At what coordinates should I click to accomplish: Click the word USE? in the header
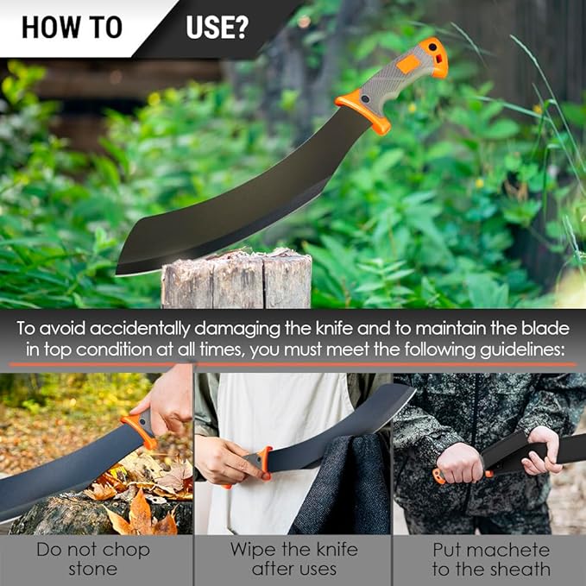click(x=217, y=27)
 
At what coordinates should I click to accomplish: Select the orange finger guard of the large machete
click(x=364, y=112)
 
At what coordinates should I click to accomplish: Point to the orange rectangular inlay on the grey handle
click(x=408, y=64)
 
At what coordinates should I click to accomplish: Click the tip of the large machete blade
click(x=117, y=274)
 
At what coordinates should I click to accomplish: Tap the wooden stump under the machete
click(x=236, y=280)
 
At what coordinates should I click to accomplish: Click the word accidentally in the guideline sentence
click(x=140, y=329)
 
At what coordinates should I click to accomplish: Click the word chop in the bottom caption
click(x=126, y=551)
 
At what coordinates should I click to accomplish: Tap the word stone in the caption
click(x=92, y=570)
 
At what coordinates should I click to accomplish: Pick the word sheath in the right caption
click(x=520, y=570)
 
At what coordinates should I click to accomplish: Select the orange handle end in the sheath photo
click(x=439, y=476)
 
